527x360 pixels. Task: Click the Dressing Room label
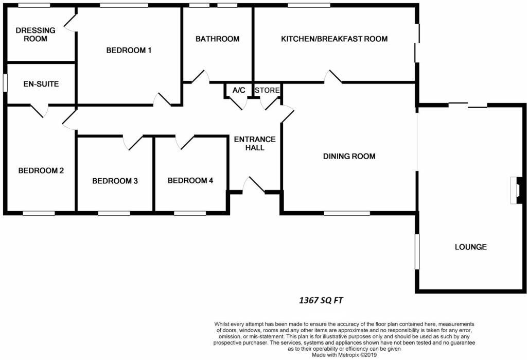(31, 35)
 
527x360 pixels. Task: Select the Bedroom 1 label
(129, 50)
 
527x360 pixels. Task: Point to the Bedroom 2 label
(41, 171)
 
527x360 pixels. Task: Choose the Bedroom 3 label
(115, 181)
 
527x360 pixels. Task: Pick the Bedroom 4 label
(190, 180)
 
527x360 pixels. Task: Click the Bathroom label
(217, 39)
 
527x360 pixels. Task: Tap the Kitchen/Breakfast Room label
(334, 39)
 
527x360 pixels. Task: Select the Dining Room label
(349, 156)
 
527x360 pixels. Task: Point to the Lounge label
(470, 247)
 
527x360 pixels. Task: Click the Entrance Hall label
(255, 143)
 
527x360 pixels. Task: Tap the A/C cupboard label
(239, 90)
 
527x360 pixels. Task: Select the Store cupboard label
(268, 90)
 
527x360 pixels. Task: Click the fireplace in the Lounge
(516, 190)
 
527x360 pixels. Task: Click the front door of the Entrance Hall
(254, 186)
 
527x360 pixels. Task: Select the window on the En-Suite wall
(5, 83)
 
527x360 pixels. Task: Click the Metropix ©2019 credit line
(344, 354)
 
